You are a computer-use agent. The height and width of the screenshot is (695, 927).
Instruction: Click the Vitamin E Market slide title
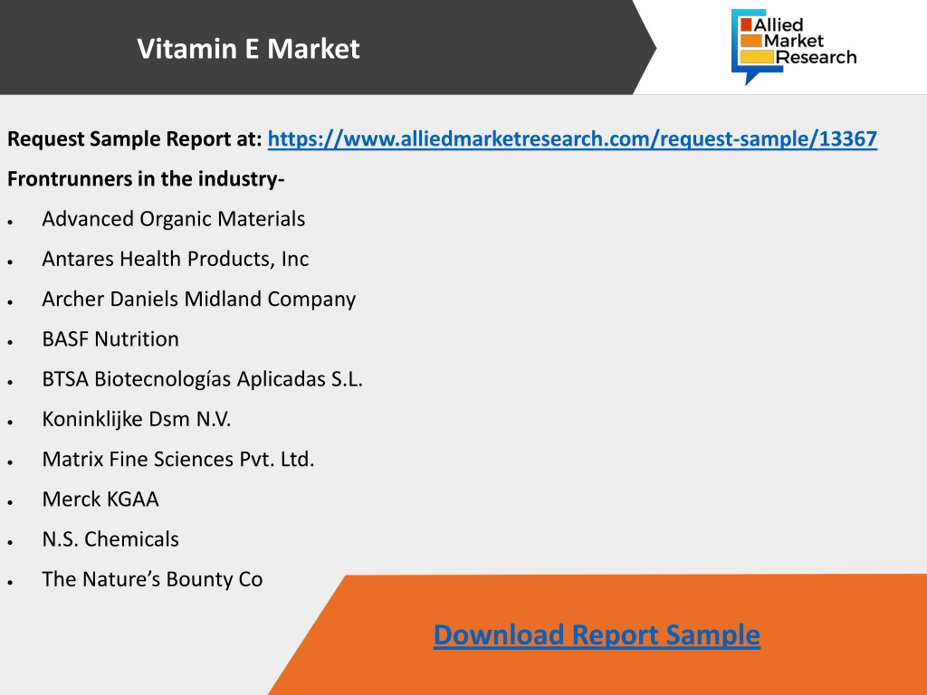coord(248,49)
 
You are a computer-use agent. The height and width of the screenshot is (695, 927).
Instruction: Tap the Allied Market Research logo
coord(794,46)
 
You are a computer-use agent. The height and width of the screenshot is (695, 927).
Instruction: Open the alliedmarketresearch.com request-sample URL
coord(572,138)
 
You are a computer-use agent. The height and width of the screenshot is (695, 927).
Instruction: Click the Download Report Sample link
coord(597,635)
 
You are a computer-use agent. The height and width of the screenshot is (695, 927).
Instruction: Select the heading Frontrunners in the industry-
coord(146,178)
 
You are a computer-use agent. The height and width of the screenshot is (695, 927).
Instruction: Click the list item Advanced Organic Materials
coord(173,219)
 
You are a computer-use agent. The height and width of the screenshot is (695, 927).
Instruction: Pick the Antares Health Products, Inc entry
coord(176,259)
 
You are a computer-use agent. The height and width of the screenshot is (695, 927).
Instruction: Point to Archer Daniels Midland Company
coord(198,299)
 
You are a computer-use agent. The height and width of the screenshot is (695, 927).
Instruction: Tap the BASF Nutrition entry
coord(110,339)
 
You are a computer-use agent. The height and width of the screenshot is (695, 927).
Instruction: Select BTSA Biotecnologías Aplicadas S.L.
coord(202,379)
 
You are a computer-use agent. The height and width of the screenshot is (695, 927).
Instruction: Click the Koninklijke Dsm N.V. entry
coord(137,419)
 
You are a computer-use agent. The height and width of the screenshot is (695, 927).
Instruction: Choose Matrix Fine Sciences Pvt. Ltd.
coord(178,459)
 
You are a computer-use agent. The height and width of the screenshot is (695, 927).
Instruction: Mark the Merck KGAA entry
coord(100,500)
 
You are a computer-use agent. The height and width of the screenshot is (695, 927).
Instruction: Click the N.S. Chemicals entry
coord(110,539)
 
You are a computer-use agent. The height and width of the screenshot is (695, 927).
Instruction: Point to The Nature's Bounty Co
coord(152,579)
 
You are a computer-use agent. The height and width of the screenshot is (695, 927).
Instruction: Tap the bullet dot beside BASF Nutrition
coord(10,342)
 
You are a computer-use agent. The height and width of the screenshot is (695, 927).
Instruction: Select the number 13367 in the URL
coord(847,138)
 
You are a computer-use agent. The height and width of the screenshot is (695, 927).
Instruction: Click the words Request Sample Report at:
coord(134,138)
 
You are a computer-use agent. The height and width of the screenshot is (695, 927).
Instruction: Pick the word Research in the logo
coord(817,57)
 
